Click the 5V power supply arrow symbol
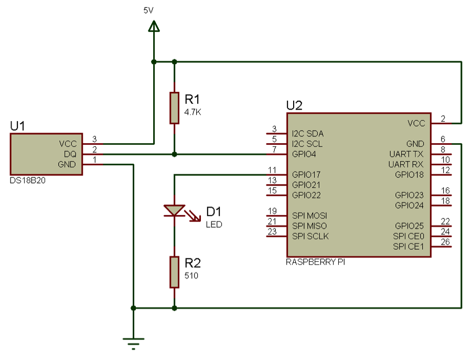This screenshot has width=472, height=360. tap(153, 26)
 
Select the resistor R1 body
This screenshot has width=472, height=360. tap(175, 108)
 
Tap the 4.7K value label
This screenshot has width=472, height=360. tap(193, 112)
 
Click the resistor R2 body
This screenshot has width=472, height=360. tap(175, 272)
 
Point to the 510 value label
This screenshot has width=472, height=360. tap(191, 276)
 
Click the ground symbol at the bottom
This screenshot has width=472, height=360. tap(134, 344)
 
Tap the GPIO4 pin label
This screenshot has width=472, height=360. tap(305, 154)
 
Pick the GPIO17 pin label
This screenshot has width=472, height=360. tap(307, 174)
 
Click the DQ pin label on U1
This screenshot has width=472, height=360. tap(70, 154)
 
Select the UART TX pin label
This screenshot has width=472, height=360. tap(406, 154)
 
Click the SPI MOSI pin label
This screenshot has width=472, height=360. tap(309, 216)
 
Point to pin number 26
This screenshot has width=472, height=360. tap(445, 242)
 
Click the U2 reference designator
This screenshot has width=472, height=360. tap(294, 105)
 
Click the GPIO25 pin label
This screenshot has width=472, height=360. tap(409, 226)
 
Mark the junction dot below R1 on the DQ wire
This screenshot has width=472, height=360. tap(175, 154)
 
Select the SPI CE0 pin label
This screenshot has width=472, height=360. tap(409, 236)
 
